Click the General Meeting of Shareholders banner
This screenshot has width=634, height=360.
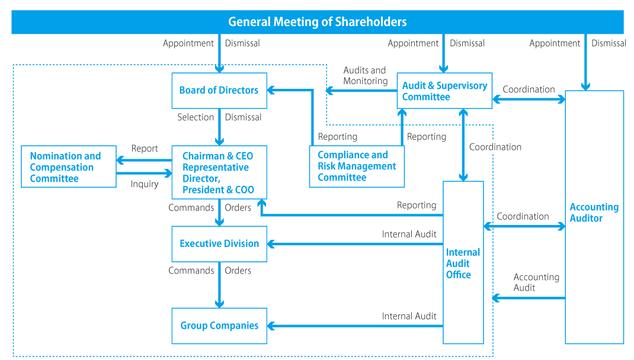[318, 22]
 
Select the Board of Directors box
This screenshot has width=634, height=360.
[219, 91]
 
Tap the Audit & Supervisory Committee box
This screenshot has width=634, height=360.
[444, 91]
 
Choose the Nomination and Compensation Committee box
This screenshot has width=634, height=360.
[68, 167]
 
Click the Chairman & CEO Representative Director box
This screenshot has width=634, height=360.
[219, 172]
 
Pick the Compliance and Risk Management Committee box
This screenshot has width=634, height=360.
[357, 166]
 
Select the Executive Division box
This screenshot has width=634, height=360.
[219, 243]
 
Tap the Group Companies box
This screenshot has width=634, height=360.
[219, 326]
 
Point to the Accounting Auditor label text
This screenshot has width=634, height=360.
[594, 213]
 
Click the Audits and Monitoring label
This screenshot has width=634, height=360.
[365, 76]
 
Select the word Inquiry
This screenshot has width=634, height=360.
[145, 184]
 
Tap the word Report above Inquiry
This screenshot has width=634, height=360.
[145, 149]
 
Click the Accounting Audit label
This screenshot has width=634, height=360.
[536, 282]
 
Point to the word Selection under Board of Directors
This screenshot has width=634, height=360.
[196, 117]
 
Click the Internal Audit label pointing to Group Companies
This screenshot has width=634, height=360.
[409, 316]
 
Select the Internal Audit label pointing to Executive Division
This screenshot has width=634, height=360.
[409, 234]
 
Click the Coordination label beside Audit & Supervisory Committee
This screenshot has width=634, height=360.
[529, 89]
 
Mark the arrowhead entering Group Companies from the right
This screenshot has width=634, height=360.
[271, 326]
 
